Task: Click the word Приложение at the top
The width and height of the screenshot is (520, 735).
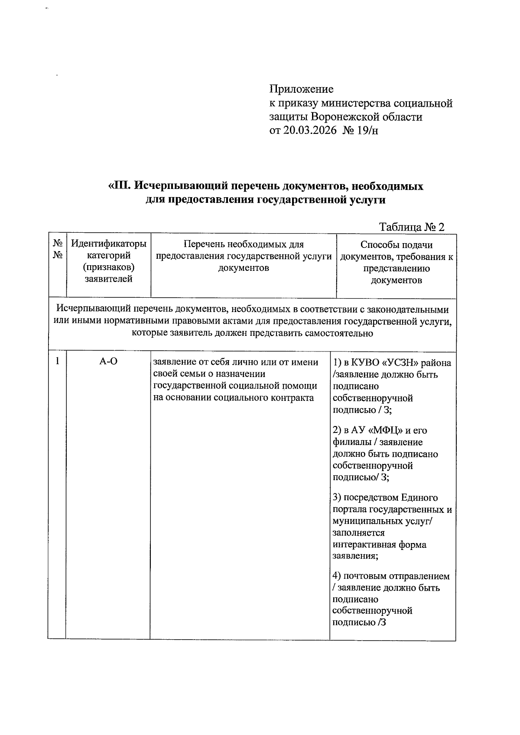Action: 302,89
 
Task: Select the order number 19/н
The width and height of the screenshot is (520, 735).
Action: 368,130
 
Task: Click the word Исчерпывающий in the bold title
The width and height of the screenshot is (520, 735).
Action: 180,186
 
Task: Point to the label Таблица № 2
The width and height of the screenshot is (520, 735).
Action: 412,227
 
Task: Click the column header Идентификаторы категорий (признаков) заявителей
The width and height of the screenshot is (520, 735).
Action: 108,261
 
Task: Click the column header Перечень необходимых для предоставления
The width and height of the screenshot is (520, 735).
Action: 244,256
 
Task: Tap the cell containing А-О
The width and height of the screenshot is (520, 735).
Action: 108,362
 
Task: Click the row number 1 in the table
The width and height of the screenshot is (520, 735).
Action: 57,361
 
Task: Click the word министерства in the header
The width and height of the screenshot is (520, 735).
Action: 355,103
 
